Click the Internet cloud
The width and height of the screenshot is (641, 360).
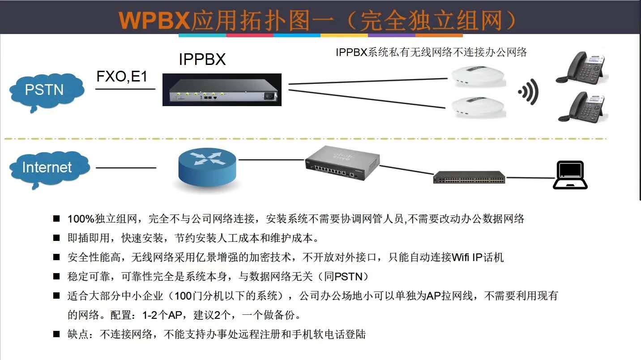[x=49, y=169]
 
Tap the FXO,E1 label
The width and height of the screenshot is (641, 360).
[x=122, y=77]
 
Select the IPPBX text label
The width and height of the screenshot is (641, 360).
[x=202, y=59]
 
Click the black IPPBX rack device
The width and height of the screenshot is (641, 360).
[x=222, y=90]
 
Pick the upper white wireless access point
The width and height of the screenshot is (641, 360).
[x=478, y=77]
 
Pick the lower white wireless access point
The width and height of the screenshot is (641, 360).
[x=478, y=107]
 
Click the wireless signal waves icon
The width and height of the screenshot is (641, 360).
[x=529, y=92]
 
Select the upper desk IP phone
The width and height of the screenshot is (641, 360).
[x=581, y=68]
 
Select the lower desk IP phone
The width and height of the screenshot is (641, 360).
[x=583, y=107]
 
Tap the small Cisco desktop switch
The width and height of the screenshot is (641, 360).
[x=342, y=163]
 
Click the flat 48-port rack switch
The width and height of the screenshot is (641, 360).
[x=469, y=177]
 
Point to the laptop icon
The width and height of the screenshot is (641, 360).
[x=570, y=175]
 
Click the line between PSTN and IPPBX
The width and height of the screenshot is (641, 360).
[x=125, y=89]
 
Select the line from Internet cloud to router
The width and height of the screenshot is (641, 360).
[x=126, y=168]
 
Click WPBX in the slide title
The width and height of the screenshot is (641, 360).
[x=154, y=20]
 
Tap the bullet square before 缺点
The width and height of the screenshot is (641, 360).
[x=56, y=334]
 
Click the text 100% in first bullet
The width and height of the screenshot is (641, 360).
[x=81, y=219]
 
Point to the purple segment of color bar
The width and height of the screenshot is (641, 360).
[x=392, y=35]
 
